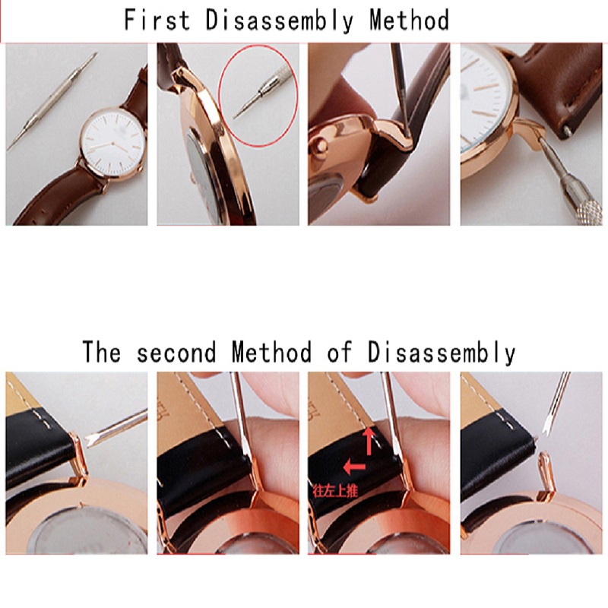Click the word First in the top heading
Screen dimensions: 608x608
click(157, 20)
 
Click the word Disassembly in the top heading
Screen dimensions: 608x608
click(279, 20)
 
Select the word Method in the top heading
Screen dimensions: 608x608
click(409, 20)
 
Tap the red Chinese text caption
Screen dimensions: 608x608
click(334, 492)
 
